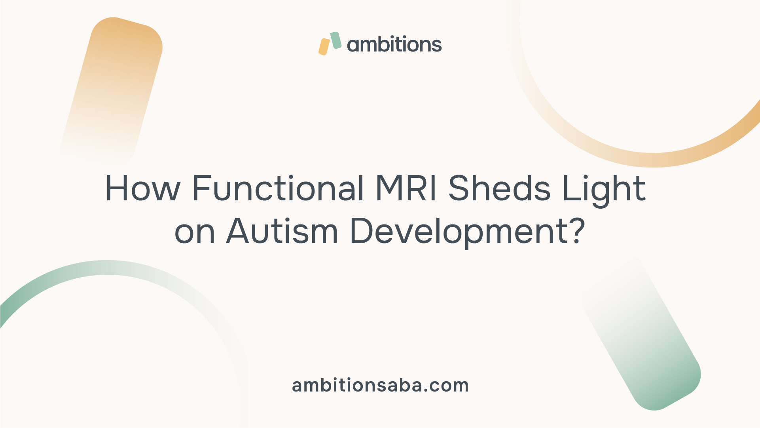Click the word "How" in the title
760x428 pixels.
click(x=143, y=189)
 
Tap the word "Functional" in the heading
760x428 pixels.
click(x=278, y=188)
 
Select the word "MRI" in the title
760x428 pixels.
click(x=406, y=188)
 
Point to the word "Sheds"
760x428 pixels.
click(x=499, y=188)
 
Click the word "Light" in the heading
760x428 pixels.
click(x=604, y=190)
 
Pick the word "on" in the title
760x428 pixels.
click(x=195, y=232)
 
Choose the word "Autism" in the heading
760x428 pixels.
click(x=282, y=230)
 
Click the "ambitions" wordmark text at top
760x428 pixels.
click(x=394, y=44)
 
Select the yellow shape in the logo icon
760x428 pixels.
click(x=324, y=47)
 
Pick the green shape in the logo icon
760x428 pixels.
click(x=336, y=40)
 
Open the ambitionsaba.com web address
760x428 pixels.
click(x=380, y=385)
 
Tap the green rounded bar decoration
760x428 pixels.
click(x=641, y=337)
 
